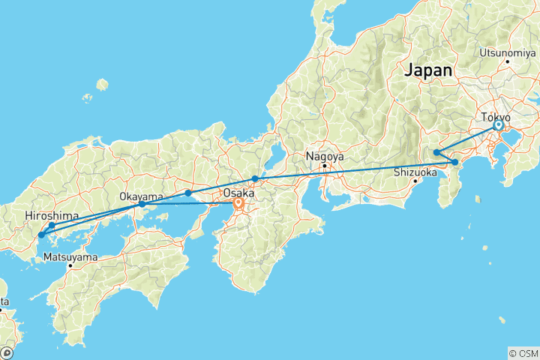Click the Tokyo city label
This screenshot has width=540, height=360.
(x=496, y=118)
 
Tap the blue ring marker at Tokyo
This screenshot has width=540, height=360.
(x=498, y=126)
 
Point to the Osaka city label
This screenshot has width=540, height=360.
(x=237, y=192)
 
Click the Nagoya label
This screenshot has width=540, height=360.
(x=324, y=157)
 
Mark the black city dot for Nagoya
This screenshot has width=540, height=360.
(x=325, y=166)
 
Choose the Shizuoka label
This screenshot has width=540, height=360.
(x=415, y=171)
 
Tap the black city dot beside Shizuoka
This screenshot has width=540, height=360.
(x=415, y=180)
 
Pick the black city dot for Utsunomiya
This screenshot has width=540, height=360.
(x=508, y=61)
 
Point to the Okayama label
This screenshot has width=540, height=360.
(x=141, y=196)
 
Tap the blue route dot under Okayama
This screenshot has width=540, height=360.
(x=142, y=204)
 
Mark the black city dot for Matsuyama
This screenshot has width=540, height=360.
(x=70, y=265)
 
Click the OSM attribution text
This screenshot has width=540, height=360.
(x=524, y=353)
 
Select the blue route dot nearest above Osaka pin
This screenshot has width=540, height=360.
(x=256, y=178)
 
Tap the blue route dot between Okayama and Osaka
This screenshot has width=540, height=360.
(x=188, y=193)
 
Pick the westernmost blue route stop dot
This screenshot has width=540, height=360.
(x=41, y=235)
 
